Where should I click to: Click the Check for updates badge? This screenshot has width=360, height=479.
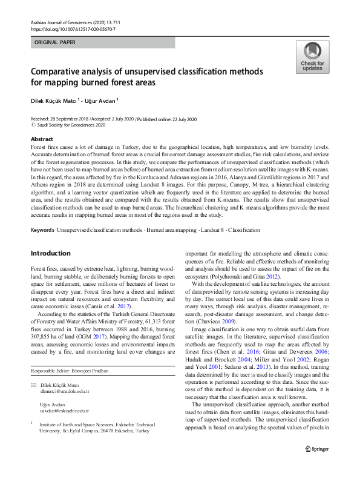tap(312, 57)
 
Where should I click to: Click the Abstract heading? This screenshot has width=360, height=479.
tap(42, 139)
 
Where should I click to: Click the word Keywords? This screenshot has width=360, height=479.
tap(42, 231)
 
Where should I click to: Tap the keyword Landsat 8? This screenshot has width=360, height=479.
tap(213, 231)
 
